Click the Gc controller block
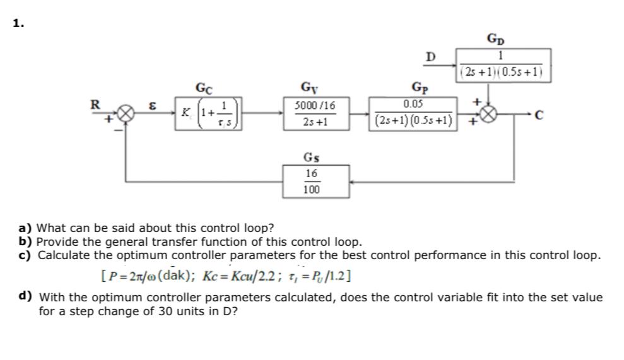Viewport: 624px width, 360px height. [x=209, y=114]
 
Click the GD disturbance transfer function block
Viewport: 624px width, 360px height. [x=504, y=65]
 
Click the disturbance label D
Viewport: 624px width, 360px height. [x=430, y=58]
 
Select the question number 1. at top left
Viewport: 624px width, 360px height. [x=18, y=23]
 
